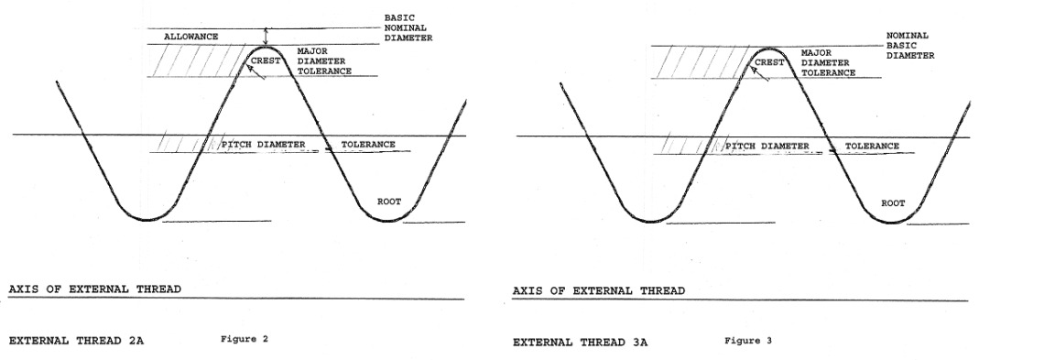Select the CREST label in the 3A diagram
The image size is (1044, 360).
[x=769, y=63]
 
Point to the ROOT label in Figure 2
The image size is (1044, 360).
[x=389, y=201]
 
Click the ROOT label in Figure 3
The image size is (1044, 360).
[x=893, y=202]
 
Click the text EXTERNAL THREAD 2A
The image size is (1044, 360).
[x=76, y=340]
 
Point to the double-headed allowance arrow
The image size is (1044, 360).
[x=266, y=36]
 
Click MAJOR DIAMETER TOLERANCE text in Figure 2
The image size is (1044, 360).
[x=325, y=62]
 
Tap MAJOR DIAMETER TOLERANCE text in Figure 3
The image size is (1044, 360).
[x=828, y=62]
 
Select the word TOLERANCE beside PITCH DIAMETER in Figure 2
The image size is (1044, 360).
[x=368, y=145]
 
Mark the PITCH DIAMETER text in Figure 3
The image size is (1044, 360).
[x=767, y=146]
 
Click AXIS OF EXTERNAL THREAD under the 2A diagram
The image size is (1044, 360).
[x=94, y=289]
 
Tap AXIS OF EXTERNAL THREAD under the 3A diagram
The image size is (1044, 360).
[x=598, y=290]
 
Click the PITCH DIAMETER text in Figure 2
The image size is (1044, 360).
[x=264, y=145]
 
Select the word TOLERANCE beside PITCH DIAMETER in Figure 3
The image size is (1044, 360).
[x=872, y=146]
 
